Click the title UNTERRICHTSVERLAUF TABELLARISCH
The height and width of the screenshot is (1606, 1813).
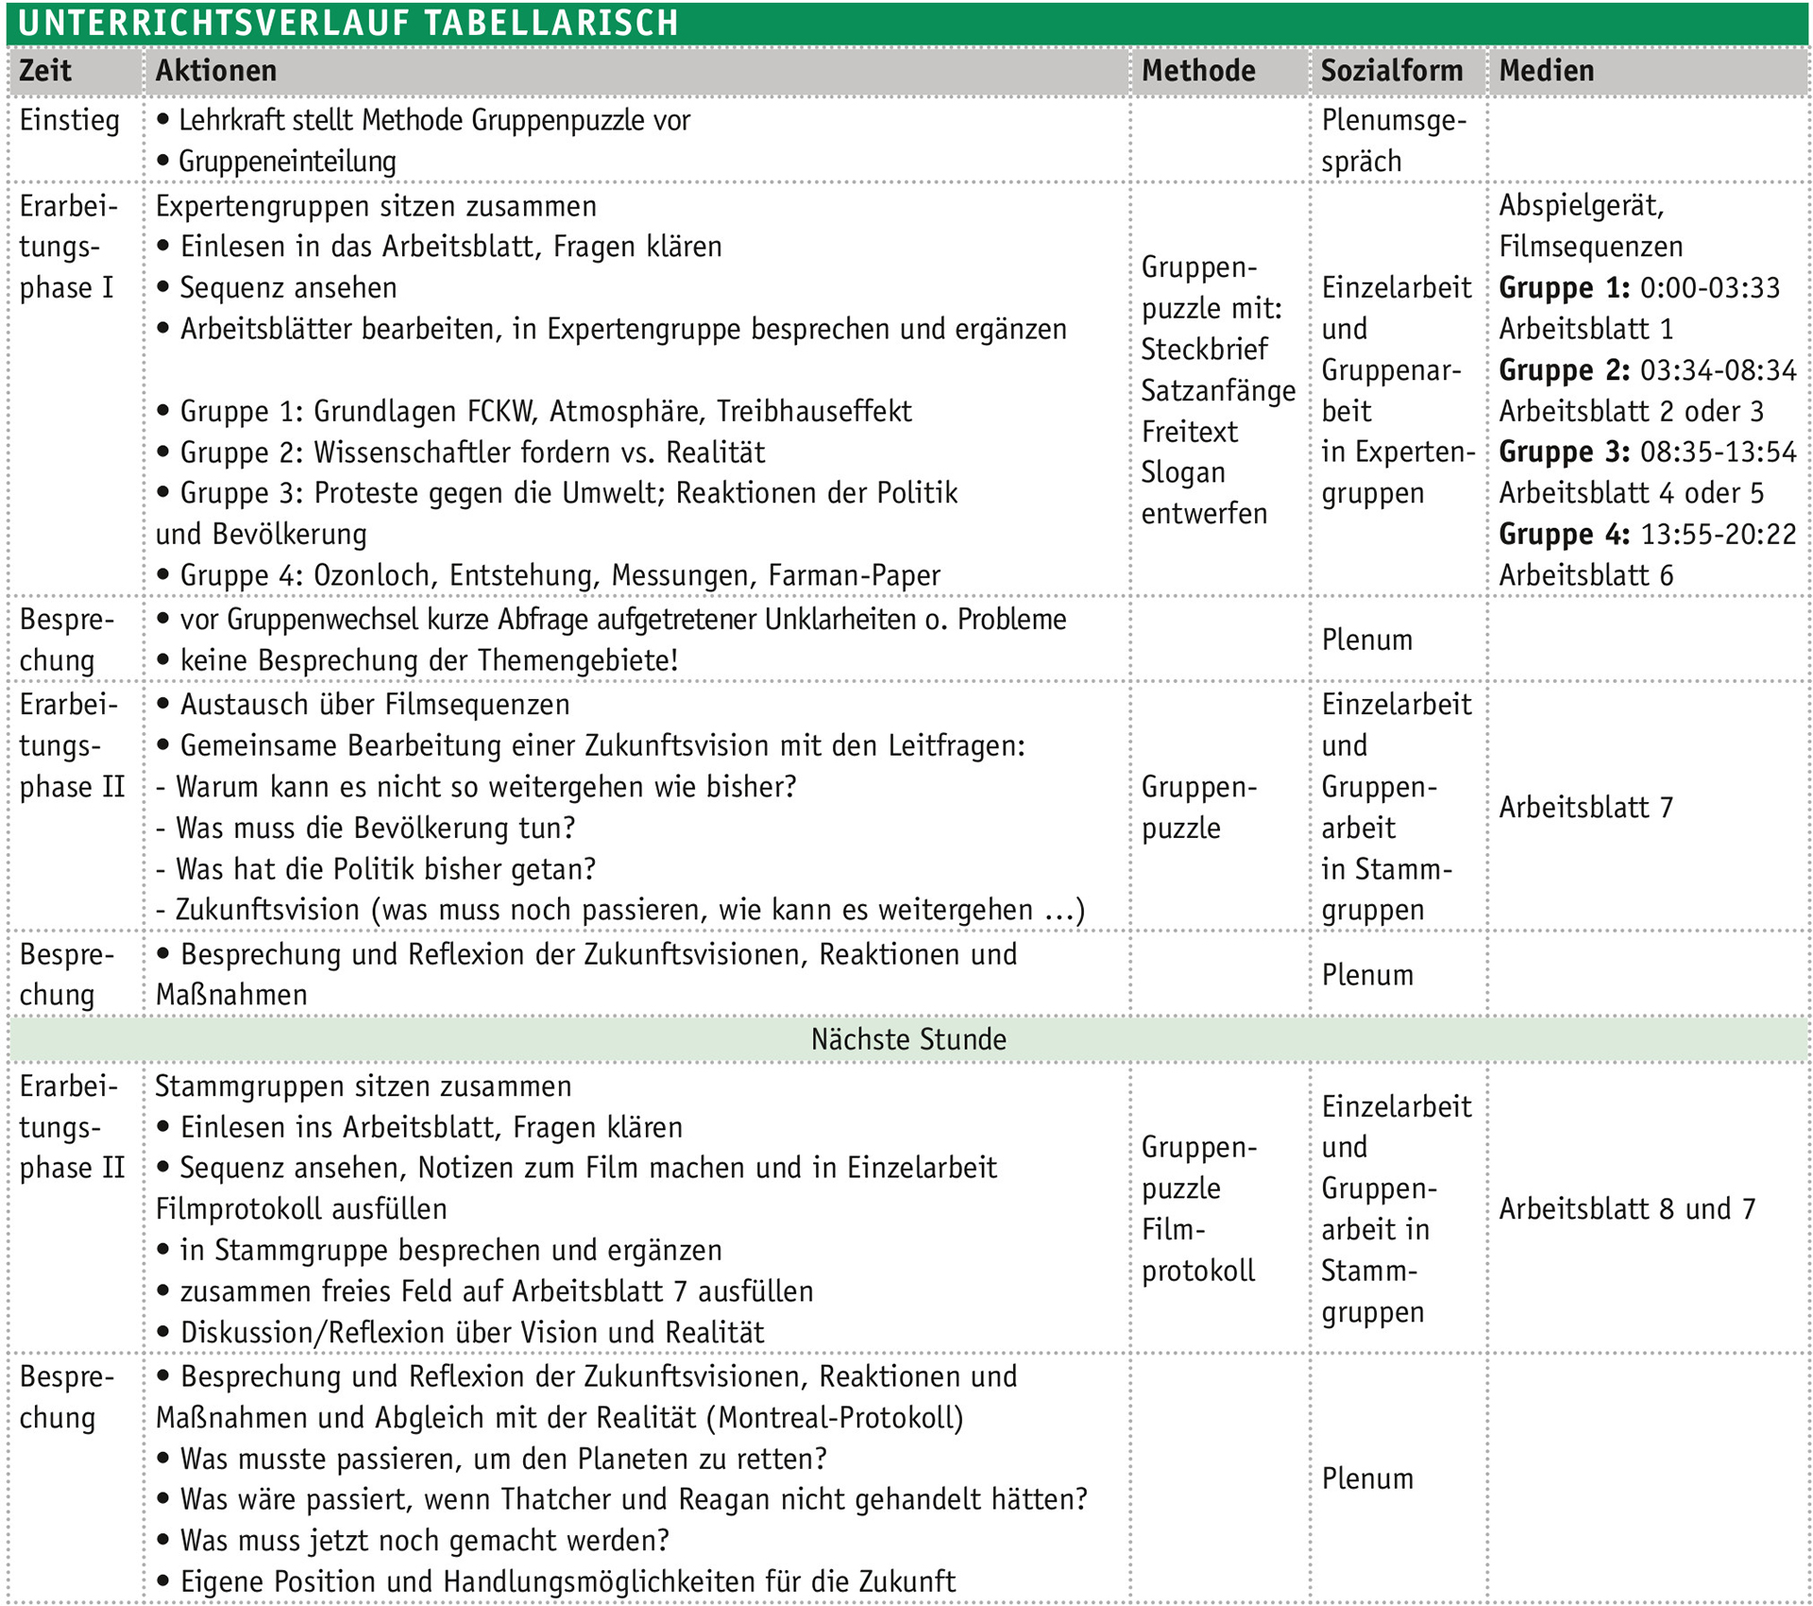pos(347,23)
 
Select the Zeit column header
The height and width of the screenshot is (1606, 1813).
pos(45,71)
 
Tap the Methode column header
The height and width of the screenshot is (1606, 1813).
pos(1197,71)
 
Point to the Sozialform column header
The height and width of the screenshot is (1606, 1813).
pos(1391,71)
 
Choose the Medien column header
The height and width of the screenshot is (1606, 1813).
pos(1546,71)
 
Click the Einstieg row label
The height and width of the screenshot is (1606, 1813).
pos(69,121)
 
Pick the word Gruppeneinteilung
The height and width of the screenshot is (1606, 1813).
pos(287,162)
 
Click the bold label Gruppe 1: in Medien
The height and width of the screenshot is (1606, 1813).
pos(1564,287)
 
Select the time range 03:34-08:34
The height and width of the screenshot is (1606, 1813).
pos(1718,369)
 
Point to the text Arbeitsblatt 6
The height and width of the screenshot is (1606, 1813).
pos(1585,575)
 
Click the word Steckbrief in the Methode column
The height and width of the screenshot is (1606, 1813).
pos(1204,350)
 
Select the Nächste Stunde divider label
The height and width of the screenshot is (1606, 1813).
pos(908,1039)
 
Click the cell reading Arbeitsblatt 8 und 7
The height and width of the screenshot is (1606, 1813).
pos(1626,1208)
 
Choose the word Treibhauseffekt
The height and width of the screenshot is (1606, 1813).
pos(814,411)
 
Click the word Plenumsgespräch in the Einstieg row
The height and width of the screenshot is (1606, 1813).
pos(1393,141)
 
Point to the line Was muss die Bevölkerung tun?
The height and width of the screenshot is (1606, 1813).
pos(366,829)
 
